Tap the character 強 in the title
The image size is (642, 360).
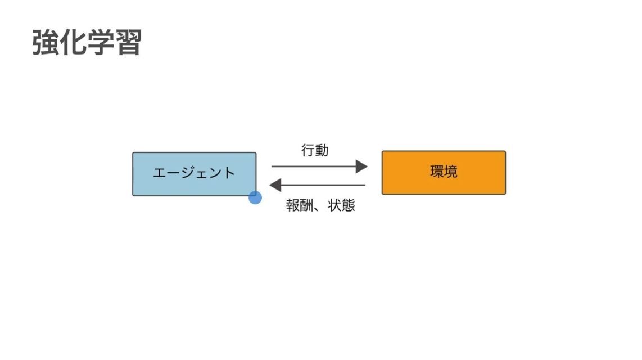coord(46,42)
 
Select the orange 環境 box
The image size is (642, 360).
coord(444,172)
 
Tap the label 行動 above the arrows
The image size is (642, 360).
coord(315,151)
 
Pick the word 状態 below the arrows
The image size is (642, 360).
coord(342,205)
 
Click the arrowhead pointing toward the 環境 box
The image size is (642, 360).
coord(361,166)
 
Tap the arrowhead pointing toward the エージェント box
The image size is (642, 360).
coord(275,184)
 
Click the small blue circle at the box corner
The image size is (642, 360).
coord(255,197)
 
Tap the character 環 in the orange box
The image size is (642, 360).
coord(437,172)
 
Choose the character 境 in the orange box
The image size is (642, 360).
coord(451,172)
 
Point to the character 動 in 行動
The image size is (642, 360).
coord(322,151)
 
